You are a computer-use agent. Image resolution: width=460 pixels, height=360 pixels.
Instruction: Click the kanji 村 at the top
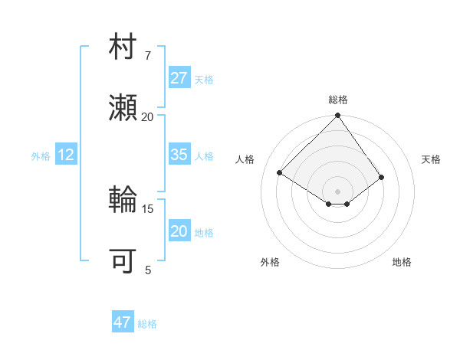coord(123,49)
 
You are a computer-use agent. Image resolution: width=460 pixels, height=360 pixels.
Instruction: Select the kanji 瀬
coord(123,108)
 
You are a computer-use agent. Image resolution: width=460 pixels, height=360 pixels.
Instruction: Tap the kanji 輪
coord(123,201)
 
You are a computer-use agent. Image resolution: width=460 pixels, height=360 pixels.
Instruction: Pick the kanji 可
coord(123,260)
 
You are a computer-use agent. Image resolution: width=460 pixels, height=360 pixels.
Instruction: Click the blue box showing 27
coord(179,78)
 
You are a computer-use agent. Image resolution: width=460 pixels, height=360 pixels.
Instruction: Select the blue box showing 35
coord(179,155)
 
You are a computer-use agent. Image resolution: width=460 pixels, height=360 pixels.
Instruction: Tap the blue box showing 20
coord(179,231)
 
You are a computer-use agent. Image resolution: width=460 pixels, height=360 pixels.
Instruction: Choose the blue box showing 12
coord(66,155)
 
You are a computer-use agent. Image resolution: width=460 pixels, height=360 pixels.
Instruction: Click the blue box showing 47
coord(123,322)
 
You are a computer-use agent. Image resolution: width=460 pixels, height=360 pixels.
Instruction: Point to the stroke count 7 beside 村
coord(148,56)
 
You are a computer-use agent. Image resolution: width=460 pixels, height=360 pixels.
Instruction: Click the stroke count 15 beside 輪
coord(148,208)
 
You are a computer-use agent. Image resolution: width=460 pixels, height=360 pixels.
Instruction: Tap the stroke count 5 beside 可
coord(148,269)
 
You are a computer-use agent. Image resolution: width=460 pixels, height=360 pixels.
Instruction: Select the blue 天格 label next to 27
coord(204,80)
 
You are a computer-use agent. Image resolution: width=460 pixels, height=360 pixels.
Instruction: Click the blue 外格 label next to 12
coord(41,156)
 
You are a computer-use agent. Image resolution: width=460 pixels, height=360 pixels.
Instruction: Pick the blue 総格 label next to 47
coord(147,324)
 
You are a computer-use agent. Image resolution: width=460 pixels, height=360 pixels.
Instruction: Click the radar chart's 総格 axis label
coord(338,100)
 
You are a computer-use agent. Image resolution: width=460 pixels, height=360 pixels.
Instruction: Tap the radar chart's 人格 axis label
coord(245,159)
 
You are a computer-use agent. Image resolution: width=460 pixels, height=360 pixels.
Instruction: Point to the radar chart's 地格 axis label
coord(402,262)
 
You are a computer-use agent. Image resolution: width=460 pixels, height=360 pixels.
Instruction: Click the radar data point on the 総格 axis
coord(338,116)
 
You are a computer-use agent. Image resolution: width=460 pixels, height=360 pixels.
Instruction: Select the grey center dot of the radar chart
coord(338,191)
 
